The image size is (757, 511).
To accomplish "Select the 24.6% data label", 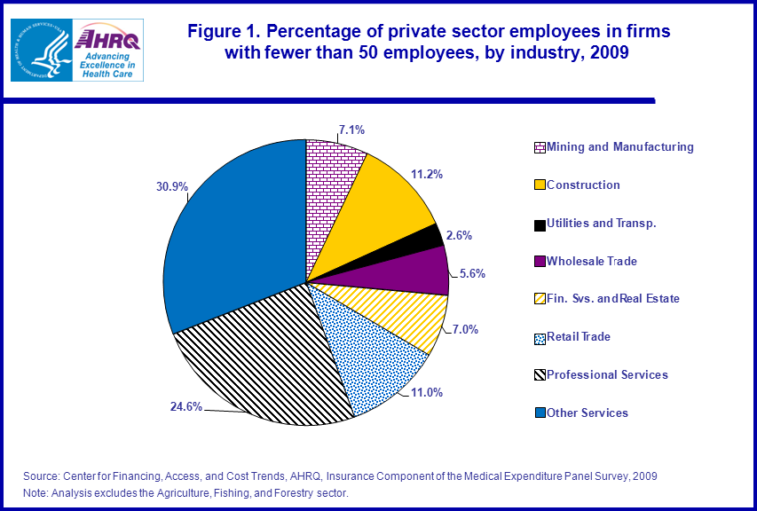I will [x=186, y=406].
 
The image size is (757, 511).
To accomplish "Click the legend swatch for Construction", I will [x=540, y=185].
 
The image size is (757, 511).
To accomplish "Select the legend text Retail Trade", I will [x=579, y=336].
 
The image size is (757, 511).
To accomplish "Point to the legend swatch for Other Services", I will [x=540, y=413].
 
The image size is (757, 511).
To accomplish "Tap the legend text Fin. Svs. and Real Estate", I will [x=612, y=298].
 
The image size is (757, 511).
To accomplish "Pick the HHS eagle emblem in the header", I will [x=42, y=50].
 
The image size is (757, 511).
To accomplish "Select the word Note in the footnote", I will [x=35, y=492].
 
